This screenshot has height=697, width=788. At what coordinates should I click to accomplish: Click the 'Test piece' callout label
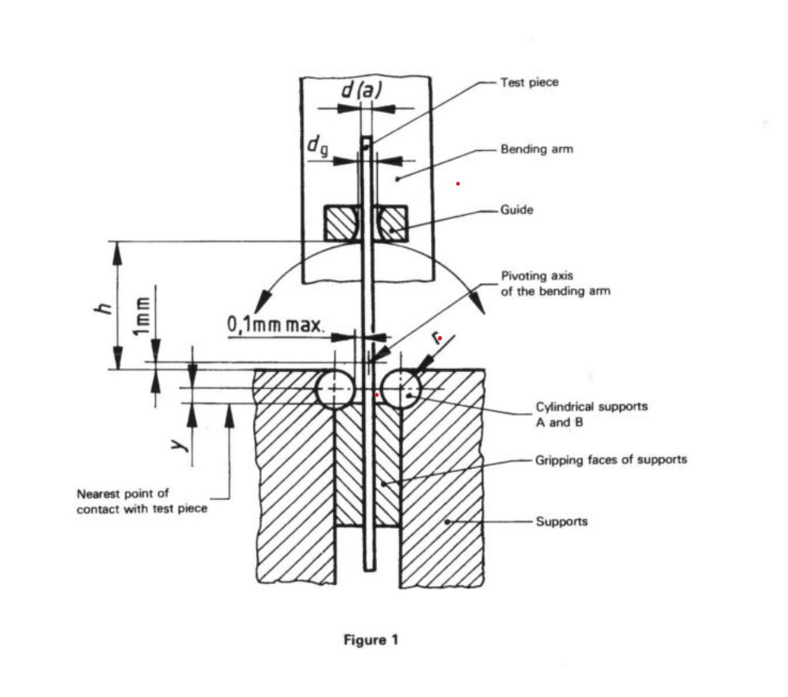click(x=529, y=82)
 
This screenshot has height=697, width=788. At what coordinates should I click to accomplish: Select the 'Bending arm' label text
click(x=536, y=149)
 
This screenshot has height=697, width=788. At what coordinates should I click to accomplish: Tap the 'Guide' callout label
click(x=516, y=210)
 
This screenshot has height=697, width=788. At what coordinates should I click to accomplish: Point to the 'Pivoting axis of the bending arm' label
click(x=555, y=283)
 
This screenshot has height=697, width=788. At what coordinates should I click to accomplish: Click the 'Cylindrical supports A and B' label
click(x=591, y=414)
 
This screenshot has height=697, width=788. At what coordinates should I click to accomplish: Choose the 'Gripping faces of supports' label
click(x=611, y=459)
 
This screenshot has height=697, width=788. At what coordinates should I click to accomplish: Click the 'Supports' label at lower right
click(x=561, y=521)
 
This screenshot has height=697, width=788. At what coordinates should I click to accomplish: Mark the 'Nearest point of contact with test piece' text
click(x=142, y=501)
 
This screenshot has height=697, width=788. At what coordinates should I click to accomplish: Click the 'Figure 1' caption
click(x=370, y=640)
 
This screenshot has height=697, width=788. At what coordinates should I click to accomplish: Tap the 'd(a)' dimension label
click(x=362, y=91)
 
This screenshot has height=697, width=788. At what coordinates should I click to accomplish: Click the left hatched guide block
click(x=340, y=223)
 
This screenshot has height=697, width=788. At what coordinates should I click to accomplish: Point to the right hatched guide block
click(x=392, y=223)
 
